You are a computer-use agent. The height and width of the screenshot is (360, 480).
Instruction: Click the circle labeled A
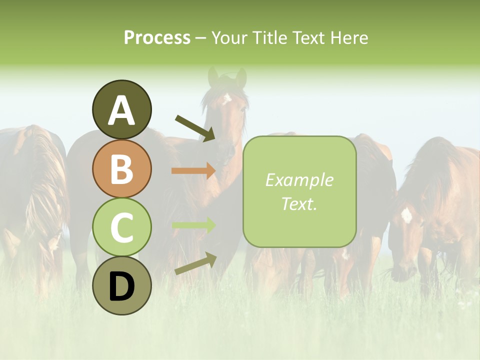[x=121, y=109]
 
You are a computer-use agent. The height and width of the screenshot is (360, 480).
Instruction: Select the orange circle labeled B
[x=121, y=168]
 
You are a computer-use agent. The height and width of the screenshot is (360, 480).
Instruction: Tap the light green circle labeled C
[x=121, y=227]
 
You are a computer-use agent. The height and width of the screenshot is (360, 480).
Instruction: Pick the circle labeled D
[x=121, y=285]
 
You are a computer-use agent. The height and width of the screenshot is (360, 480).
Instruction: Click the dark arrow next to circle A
[x=195, y=127]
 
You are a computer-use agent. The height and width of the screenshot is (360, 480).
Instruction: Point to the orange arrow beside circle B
[x=193, y=171]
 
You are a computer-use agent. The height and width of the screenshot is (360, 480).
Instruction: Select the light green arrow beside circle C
[x=193, y=225]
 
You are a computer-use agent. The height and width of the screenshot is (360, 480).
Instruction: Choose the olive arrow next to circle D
[x=195, y=263]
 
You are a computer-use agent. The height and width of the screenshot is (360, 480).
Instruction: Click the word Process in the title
[x=157, y=38]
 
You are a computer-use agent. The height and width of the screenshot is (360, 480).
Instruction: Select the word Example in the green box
[x=299, y=180]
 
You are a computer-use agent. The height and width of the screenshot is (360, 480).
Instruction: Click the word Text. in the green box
[x=299, y=203]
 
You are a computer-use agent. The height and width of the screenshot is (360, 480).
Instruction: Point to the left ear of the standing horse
[x=213, y=76]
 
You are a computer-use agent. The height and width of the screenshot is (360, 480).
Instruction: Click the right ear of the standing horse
[x=241, y=77]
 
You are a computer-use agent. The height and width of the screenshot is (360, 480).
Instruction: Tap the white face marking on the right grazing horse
[x=406, y=215]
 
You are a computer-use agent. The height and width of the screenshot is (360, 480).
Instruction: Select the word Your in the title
[x=228, y=38]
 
